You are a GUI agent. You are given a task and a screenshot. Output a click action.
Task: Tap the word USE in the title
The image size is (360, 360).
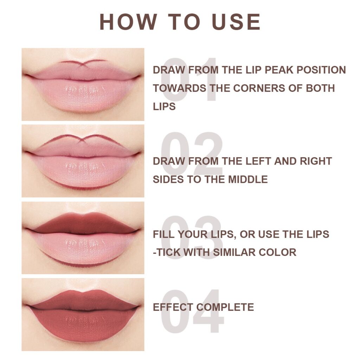click(237, 22)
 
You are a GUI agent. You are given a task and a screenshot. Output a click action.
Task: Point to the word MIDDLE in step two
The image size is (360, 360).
click(248, 179)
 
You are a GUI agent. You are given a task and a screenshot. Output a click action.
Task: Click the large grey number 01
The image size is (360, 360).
click(189, 79)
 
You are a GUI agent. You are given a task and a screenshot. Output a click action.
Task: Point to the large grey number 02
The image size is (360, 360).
click(192, 154)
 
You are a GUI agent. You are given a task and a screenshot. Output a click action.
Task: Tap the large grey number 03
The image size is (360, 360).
click(192, 237)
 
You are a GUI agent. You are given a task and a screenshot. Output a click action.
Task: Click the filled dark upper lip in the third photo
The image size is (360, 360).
click(83, 224)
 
